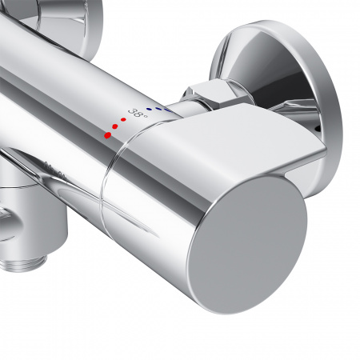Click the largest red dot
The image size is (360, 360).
click(107, 135)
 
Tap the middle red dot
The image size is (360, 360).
click(115, 126)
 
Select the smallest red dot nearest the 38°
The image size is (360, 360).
click(123, 119)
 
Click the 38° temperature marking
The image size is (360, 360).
click(138, 113)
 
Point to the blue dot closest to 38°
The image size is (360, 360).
click(149, 109)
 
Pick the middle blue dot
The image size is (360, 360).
click(158, 109)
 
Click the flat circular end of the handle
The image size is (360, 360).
click(247, 244)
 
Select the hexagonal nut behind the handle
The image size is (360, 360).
click(210, 95)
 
